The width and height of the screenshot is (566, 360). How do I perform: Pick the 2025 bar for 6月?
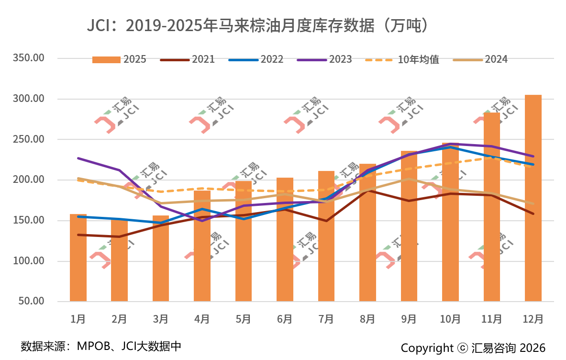click(x=285, y=239)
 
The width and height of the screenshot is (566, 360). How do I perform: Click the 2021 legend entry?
click(x=188, y=59)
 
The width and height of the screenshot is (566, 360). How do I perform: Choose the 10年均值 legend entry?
click(x=402, y=59)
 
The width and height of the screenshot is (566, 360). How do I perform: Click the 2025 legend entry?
click(x=120, y=59)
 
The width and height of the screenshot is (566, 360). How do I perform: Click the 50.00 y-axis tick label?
click(x=32, y=302)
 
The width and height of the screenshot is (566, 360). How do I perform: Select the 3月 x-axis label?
click(x=161, y=319)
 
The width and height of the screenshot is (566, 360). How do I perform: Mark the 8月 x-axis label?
click(x=367, y=319)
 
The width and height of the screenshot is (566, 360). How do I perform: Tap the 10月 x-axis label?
click(x=450, y=319)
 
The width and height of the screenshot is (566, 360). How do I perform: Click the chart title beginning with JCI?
click(x=257, y=25)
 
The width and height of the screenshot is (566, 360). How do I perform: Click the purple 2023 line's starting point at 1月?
click(x=78, y=158)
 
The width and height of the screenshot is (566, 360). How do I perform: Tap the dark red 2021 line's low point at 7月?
click(x=326, y=221)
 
